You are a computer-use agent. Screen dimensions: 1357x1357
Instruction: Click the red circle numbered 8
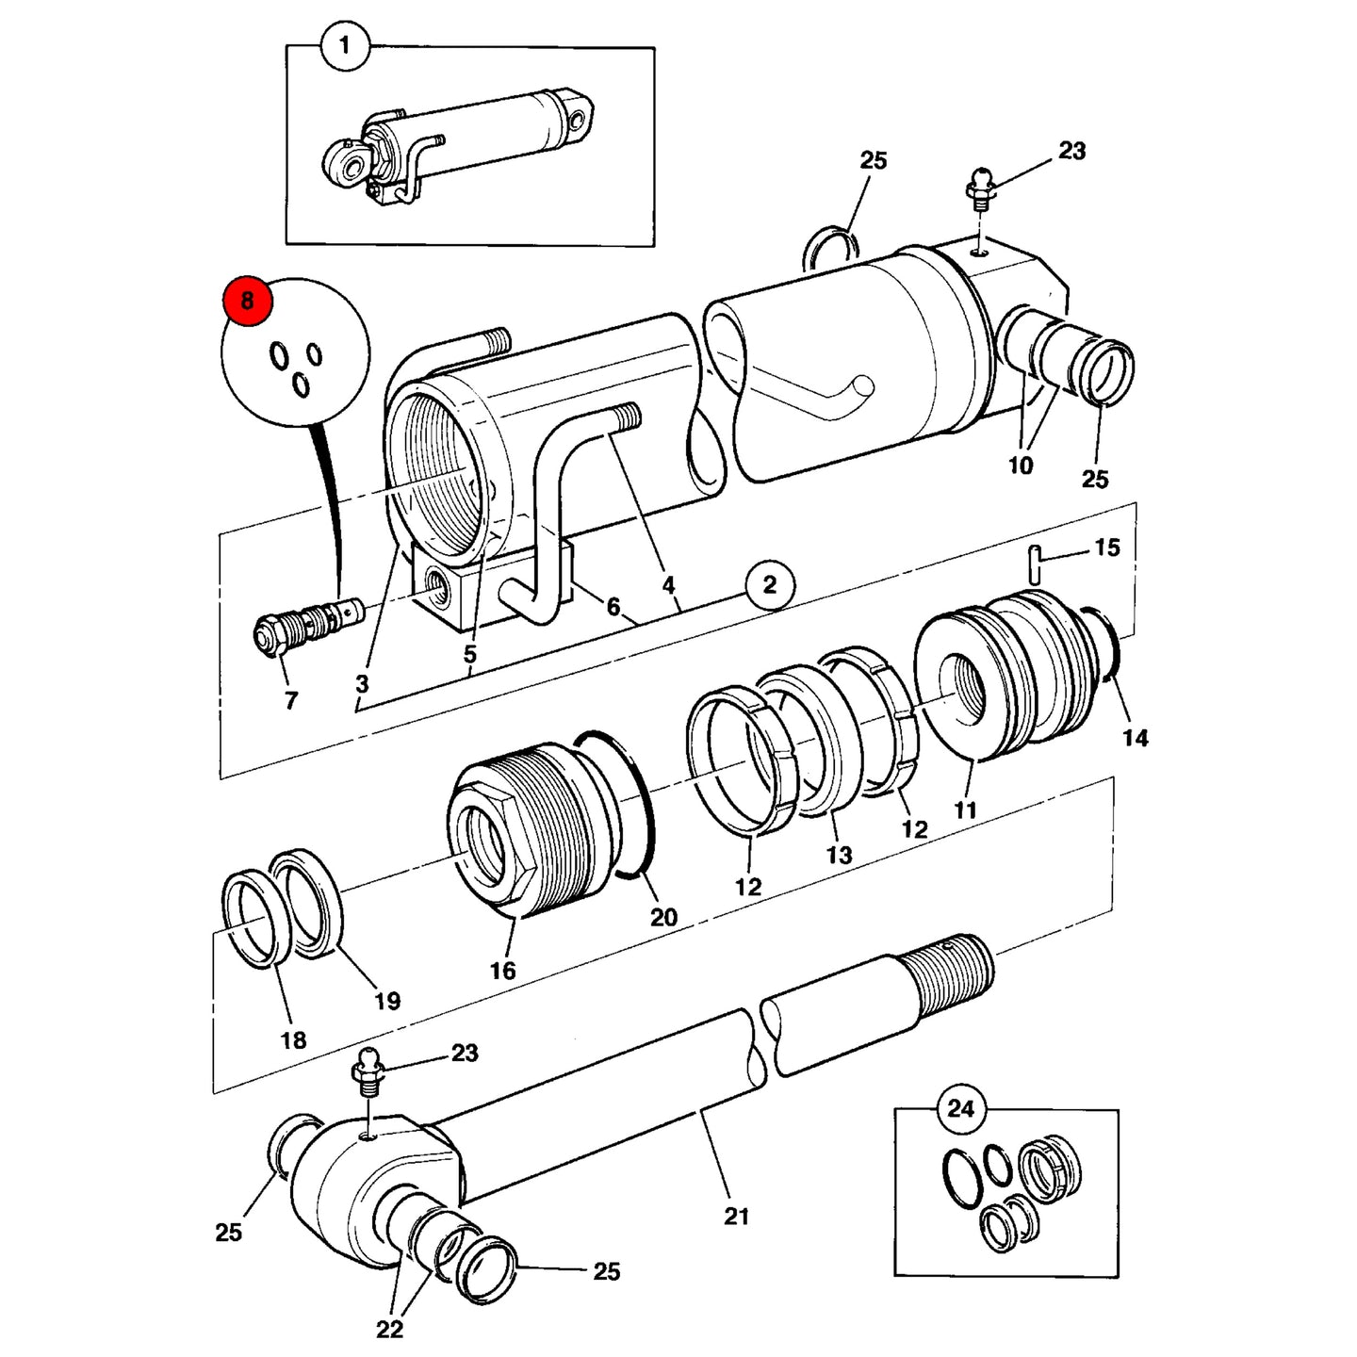pyautogui.click(x=247, y=301)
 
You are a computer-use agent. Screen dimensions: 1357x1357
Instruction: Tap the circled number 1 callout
pyautogui.click(x=344, y=46)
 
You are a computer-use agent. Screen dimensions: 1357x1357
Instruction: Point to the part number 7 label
pyautogui.click(x=291, y=700)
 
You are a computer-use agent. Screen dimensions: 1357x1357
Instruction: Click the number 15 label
pyautogui.click(x=1107, y=548)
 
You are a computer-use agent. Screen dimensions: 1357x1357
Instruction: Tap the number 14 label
pyautogui.click(x=1136, y=738)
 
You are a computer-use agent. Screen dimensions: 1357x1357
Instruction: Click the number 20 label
pyautogui.click(x=663, y=917)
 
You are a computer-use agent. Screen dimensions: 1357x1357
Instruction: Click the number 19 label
pyautogui.click(x=386, y=1001)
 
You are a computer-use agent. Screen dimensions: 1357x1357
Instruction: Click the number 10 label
pyautogui.click(x=1021, y=466)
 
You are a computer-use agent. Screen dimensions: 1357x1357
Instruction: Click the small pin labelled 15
pyautogui.click(x=1034, y=564)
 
